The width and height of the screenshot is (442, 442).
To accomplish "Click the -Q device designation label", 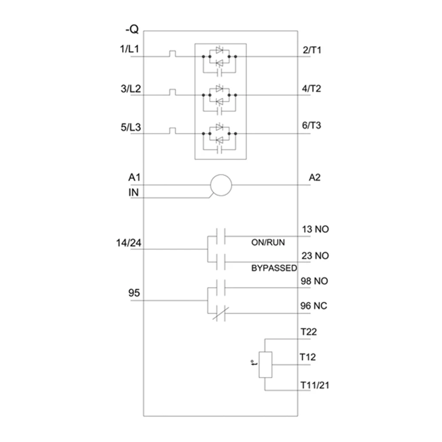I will pyautogui.click(x=132, y=30).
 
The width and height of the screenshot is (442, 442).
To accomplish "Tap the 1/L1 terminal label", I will pyautogui.click(x=129, y=49).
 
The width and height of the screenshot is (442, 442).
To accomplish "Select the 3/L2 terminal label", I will pyautogui.click(x=129, y=88).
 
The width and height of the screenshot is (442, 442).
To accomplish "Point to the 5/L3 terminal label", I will pyautogui.click(x=129, y=126).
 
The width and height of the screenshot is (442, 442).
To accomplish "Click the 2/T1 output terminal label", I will pyautogui.click(x=312, y=50).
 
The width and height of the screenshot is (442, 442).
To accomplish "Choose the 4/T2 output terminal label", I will pyautogui.click(x=312, y=88).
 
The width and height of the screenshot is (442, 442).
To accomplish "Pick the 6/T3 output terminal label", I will pyautogui.click(x=312, y=126).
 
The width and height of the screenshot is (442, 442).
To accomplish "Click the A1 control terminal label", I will pyautogui.click(x=134, y=178).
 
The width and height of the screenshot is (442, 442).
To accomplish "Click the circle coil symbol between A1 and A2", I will pyautogui.click(x=221, y=185).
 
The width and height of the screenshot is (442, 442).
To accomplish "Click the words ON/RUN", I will pyautogui.click(x=268, y=243).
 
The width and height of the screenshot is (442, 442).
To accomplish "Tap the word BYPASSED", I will pyautogui.click(x=274, y=268).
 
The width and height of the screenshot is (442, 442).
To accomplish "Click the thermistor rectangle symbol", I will pyautogui.click(x=265, y=365).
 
